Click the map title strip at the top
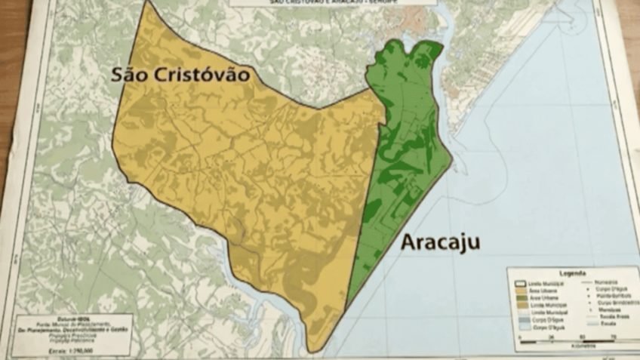click(x=332, y=3)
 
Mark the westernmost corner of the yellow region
click(x=112, y=143)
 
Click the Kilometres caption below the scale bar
click(x=574, y=346)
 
